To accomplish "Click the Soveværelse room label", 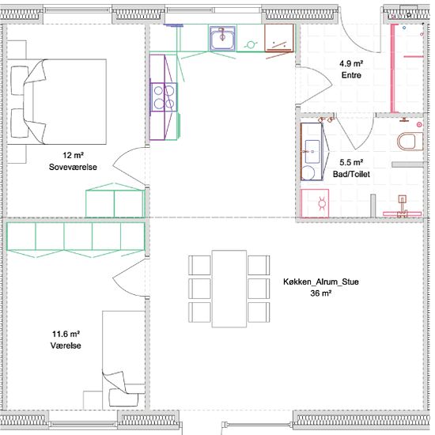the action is pos(73,167).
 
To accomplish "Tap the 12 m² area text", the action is pos(73,155).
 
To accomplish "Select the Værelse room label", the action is pos(66,346).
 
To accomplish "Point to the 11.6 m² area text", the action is pos(66,334).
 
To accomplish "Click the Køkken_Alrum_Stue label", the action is pos(321,282).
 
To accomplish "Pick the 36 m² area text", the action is pos(321,293).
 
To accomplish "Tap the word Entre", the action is pos(351,75).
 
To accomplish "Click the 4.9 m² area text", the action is pos(351,63).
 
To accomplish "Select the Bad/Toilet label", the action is pos(351,174).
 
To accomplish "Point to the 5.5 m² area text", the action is pos(351,162).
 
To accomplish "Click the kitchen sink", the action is pos(222,39).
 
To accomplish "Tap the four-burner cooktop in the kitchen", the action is pos(164,97).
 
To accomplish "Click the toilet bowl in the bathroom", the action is pos(410,142).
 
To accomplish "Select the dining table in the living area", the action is pos(229,289).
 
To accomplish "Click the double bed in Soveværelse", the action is pos(57,101).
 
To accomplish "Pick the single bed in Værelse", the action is pos(123,360).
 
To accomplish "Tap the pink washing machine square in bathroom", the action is pos(315,203).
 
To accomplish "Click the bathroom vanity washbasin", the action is pos(312,152).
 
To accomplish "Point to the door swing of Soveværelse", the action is pos(129,166).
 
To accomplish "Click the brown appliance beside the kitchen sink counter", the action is pos(279,38).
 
